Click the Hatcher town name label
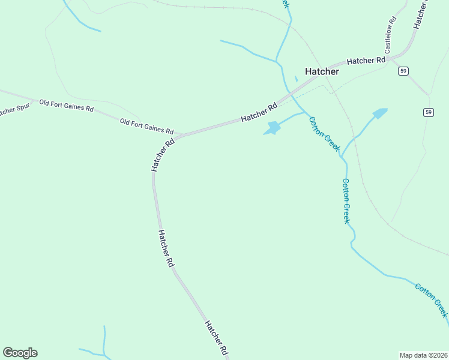[322, 71]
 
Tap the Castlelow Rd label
[389, 37]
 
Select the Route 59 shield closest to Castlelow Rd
[403, 71]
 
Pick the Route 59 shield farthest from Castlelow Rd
[427, 112]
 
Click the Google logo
[20, 353]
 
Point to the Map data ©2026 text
[423, 355]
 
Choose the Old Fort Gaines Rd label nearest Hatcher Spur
[66, 106]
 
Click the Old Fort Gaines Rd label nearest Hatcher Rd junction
[146, 126]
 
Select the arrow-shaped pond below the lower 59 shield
[379, 113]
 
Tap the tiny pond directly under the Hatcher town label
[296, 79]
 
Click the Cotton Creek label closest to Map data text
[431, 299]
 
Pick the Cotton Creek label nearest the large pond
[324, 134]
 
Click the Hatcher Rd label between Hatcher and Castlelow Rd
[366, 61]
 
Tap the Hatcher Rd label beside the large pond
[259, 112]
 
